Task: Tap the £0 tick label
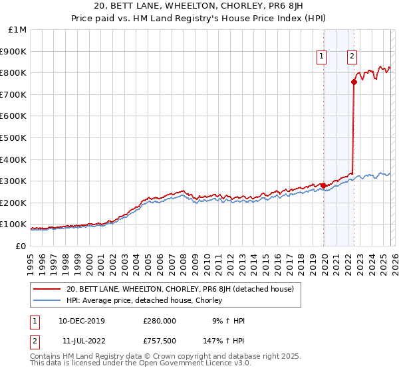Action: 21,246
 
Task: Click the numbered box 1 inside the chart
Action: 321,56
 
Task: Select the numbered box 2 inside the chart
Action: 351,56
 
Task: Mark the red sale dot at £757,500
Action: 354,82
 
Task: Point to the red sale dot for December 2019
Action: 324,185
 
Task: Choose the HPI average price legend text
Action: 144,300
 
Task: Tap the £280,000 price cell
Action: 159,321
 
